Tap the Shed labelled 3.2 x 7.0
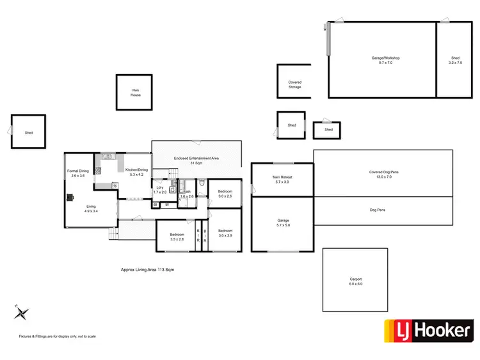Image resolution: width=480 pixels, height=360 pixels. coord(455,61)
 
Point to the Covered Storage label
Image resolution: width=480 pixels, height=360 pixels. coord(294,84)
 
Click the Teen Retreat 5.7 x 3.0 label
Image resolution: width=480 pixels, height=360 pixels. coord(282,180)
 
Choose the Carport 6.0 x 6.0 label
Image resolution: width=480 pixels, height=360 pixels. coord(356,281)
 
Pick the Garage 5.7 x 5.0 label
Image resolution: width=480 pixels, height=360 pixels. coord(282,223)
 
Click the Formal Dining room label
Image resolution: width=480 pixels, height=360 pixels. coord(78,173)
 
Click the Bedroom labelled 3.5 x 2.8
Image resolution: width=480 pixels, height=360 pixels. coord(177,237)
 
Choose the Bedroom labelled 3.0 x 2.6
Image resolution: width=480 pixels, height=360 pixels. coord(225,194)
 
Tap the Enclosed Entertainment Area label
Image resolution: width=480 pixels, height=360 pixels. coord(196,160)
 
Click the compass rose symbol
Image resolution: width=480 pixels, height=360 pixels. coord(22,313)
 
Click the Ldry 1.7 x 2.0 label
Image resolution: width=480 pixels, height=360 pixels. coord(160,190)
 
